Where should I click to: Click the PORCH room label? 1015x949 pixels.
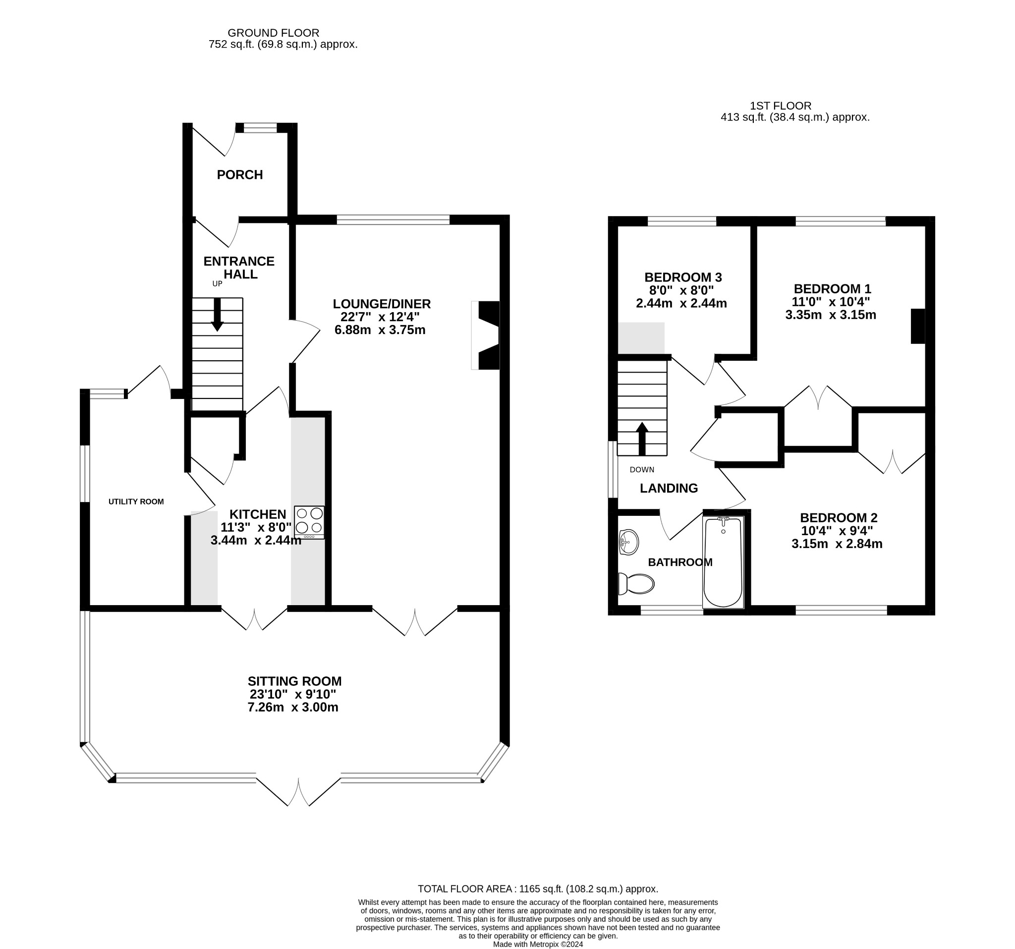click(x=239, y=175)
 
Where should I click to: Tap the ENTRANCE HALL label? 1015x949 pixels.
click(x=239, y=268)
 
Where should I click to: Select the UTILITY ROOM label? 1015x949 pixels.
click(x=136, y=502)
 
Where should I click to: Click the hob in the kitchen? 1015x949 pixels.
click(x=309, y=522)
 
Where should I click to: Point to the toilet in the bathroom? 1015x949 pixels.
click(x=636, y=584)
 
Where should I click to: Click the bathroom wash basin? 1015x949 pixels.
click(x=628, y=542)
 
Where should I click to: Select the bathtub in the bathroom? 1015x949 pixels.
click(x=723, y=562)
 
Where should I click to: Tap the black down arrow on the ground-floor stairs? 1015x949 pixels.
click(x=218, y=315)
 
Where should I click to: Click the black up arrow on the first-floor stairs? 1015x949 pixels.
click(x=642, y=439)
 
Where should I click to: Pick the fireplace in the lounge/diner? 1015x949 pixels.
click(x=486, y=335)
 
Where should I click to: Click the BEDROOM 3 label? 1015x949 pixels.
click(x=683, y=278)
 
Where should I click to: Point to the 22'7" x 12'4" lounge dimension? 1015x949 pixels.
click(x=380, y=317)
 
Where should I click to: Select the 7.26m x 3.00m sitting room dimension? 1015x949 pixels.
click(x=293, y=708)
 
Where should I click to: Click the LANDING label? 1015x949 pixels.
click(x=669, y=489)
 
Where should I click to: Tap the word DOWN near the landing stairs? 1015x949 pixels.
click(x=642, y=470)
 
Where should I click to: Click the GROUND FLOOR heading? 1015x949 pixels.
click(x=273, y=33)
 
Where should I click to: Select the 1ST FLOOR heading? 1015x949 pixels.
click(x=781, y=106)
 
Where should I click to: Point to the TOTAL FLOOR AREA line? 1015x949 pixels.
click(x=538, y=889)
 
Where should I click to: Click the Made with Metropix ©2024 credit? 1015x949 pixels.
click(x=538, y=945)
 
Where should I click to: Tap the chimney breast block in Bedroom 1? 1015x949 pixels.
click(x=918, y=326)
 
